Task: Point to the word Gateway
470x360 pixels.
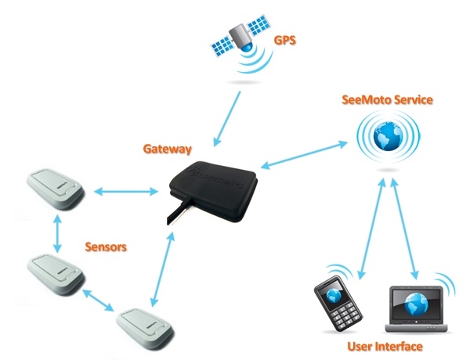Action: (168, 147)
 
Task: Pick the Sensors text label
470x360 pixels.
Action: (106, 247)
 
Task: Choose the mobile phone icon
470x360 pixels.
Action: (332, 309)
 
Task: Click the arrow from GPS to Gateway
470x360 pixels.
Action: (226, 117)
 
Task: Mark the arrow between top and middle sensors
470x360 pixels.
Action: (56, 231)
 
